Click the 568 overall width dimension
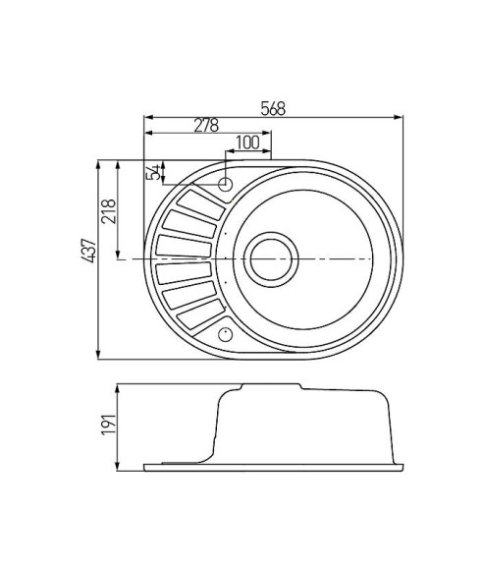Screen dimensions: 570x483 coord(273,109)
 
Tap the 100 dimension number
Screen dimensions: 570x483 coord(248,142)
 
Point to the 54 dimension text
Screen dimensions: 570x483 coord(152,173)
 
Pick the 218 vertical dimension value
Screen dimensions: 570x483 coord(110,212)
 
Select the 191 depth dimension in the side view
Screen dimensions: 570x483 coord(110,424)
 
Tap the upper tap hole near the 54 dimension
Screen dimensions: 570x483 coord(225,183)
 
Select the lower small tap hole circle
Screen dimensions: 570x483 coord(225,332)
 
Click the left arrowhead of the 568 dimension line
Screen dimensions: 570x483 coord(147,118)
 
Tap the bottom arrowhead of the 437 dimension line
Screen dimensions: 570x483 coord(100,354)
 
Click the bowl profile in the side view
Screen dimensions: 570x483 coord(304,423)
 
